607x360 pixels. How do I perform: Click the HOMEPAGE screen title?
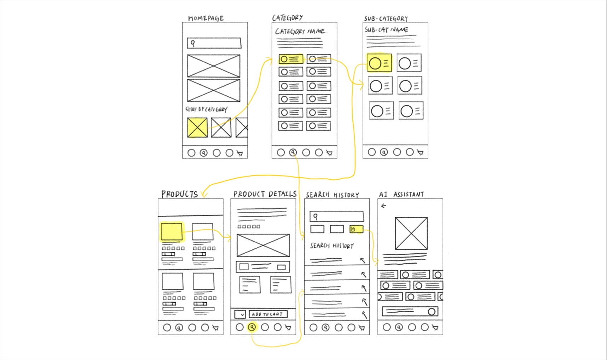click(x=206, y=18)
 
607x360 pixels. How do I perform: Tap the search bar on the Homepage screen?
click(x=214, y=43)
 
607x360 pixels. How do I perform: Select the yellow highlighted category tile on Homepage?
click(x=197, y=128)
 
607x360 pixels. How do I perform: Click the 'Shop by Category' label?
click(x=207, y=109)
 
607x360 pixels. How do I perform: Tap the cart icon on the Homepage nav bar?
click(x=240, y=153)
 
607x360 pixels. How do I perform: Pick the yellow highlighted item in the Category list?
click(x=291, y=59)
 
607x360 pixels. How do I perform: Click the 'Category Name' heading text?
click(x=300, y=31)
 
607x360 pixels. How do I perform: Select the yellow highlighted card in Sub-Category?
click(x=379, y=63)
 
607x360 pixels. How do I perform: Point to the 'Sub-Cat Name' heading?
click(x=386, y=30)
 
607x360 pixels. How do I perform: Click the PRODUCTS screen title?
click(x=180, y=194)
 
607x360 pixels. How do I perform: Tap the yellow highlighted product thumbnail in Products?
click(x=172, y=232)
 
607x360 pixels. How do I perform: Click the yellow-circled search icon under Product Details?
click(x=252, y=327)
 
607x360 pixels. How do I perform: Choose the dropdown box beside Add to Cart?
click(x=240, y=314)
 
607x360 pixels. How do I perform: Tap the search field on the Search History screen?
click(x=337, y=216)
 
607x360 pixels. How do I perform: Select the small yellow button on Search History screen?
click(x=356, y=229)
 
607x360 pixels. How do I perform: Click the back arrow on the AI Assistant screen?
click(x=384, y=206)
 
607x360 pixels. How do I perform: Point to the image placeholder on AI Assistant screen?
click(x=411, y=233)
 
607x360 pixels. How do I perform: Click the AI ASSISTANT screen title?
click(x=401, y=194)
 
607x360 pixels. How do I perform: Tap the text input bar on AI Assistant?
click(x=410, y=311)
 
